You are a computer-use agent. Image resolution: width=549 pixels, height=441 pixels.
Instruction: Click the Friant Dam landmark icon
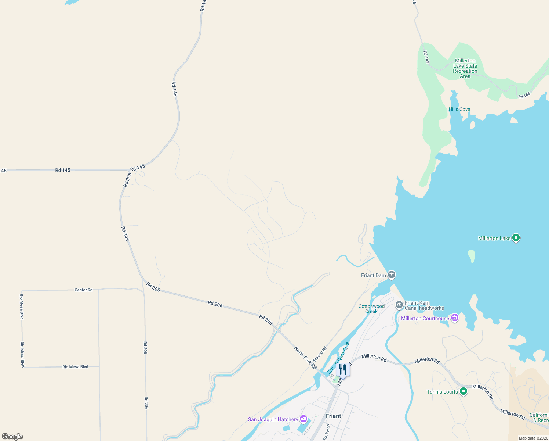(392, 275)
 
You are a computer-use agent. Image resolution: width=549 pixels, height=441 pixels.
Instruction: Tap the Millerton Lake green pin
(516, 238)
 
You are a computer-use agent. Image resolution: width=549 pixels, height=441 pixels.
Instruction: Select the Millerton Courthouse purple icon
(455, 318)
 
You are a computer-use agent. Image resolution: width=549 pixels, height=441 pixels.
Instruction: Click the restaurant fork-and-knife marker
(343, 369)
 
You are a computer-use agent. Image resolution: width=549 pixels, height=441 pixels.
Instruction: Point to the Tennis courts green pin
(463, 392)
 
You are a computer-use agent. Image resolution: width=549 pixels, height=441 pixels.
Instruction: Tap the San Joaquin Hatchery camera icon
(303, 419)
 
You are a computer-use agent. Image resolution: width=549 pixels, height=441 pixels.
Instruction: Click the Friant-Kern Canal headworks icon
(399, 305)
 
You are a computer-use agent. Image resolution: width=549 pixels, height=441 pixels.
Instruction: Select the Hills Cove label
(459, 109)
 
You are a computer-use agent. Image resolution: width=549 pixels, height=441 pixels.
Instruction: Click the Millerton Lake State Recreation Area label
(465, 68)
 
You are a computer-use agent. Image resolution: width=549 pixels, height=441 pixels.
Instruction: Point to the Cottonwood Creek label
(371, 309)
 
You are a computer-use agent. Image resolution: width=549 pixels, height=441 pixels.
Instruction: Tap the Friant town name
(333, 416)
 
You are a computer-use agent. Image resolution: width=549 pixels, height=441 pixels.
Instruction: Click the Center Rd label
(83, 290)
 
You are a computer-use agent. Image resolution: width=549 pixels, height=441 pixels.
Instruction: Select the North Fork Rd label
(305, 358)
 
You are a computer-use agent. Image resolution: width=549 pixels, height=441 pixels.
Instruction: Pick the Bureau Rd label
(320, 354)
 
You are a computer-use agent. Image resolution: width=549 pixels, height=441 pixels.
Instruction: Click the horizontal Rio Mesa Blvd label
(75, 367)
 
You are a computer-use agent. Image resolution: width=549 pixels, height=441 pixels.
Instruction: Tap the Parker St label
(326, 432)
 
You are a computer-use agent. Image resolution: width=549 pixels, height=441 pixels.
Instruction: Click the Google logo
(12, 437)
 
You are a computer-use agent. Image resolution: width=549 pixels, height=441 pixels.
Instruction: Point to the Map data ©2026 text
(533, 438)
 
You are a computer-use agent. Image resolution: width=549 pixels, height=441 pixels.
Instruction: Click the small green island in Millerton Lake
(472, 256)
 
